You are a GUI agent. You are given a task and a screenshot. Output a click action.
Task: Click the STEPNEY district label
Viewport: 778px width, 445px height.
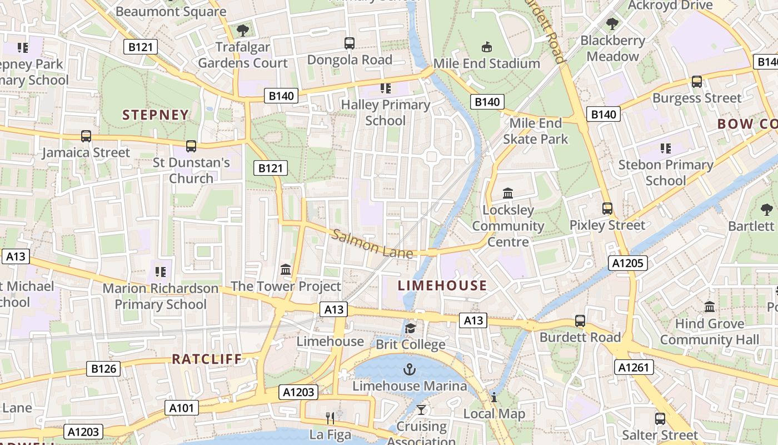[x=156, y=115]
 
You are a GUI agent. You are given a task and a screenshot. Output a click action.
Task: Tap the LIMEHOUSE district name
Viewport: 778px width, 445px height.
[x=442, y=286]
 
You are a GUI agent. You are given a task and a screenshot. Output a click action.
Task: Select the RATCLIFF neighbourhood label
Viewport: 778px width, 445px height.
[x=207, y=359]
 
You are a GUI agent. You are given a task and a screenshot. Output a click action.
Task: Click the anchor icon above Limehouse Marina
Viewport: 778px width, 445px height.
[x=410, y=369]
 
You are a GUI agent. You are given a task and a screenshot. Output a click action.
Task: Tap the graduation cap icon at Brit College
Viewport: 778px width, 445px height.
[x=410, y=329]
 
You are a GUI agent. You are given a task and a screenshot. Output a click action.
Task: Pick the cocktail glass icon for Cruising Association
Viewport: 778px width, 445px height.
[x=421, y=411]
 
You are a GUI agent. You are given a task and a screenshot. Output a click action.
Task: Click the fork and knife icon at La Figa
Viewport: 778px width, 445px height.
[x=331, y=418]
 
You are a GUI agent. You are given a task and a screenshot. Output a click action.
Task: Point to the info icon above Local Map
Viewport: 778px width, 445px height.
[x=493, y=397]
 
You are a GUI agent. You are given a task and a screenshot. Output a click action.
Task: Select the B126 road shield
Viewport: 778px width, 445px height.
[x=103, y=368]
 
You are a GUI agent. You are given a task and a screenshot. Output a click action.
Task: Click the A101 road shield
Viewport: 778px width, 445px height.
[x=182, y=408]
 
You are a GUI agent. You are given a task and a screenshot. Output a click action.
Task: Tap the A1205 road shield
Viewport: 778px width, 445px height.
[x=628, y=263]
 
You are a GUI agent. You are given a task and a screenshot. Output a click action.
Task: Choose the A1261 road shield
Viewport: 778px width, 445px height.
[x=634, y=367]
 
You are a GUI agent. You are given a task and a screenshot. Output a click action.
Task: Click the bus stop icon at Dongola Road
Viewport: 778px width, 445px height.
[x=350, y=43]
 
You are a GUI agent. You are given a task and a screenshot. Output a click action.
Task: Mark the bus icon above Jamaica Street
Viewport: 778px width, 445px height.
[x=86, y=136]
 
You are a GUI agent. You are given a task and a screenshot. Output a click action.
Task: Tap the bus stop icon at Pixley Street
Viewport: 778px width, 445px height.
[x=607, y=209]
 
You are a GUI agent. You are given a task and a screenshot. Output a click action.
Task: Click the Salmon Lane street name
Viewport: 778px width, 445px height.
[x=372, y=244]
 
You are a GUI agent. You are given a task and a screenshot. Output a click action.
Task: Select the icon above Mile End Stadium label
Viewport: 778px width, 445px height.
[x=487, y=47]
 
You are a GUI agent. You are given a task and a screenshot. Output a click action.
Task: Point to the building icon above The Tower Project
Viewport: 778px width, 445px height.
[x=286, y=270]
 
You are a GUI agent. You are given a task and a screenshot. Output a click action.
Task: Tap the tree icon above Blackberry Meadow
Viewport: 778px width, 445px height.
[x=612, y=24]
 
